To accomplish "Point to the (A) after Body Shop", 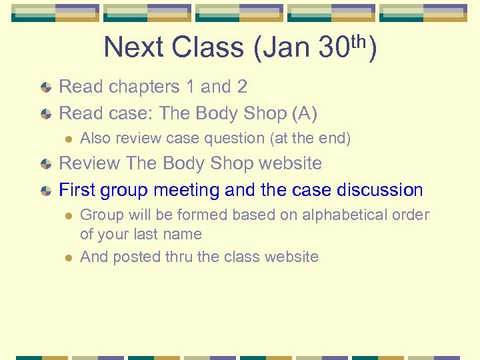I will (305, 113).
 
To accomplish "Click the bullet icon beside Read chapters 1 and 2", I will (45, 87).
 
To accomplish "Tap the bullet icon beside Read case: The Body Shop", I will (45, 114).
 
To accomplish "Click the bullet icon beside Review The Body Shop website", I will (45, 164).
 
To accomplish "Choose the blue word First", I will (77, 190).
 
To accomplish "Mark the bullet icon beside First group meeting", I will (45, 191).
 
